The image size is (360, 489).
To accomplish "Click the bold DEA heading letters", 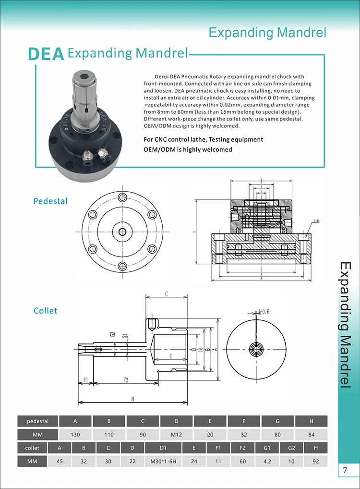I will pyautogui.click(x=46, y=54).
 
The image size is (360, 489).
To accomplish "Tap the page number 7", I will pyautogui.click(x=345, y=470).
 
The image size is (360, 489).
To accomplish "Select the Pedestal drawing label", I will pyautogui.click(x=50, y=201).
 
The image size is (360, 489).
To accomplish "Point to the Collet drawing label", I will pyautogui.click(x=45, y=311).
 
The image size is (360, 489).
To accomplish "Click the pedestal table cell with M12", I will pyautogui.click(x=176, y=435).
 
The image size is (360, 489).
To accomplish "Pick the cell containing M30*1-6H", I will pyautogui.click(x=163, y=462).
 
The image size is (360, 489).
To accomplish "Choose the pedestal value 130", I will pyautogui.click(x=75, y=435).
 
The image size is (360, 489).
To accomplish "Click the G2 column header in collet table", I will pyautogui.click(x=291, y=448).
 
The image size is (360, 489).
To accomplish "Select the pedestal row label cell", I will pyautogui.click(x=37, y=421).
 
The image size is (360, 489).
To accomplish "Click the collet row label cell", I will pyautogui.click(x=32, y=448).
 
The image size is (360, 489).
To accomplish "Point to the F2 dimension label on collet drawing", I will pyautogui.click(x=126, y=380).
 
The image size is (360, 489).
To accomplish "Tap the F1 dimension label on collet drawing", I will pyautogui.click(x=85, y=380).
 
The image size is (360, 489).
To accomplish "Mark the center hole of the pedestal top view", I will pyautogui.click(x=122, y=232).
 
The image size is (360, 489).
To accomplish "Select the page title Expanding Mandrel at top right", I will pyautogui.click(x=267, y=33).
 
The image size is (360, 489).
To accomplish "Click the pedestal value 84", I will pyautogui.click(x=311, y=435).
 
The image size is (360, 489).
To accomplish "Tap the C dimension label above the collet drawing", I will pyautogui.click(x=166, y=293).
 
